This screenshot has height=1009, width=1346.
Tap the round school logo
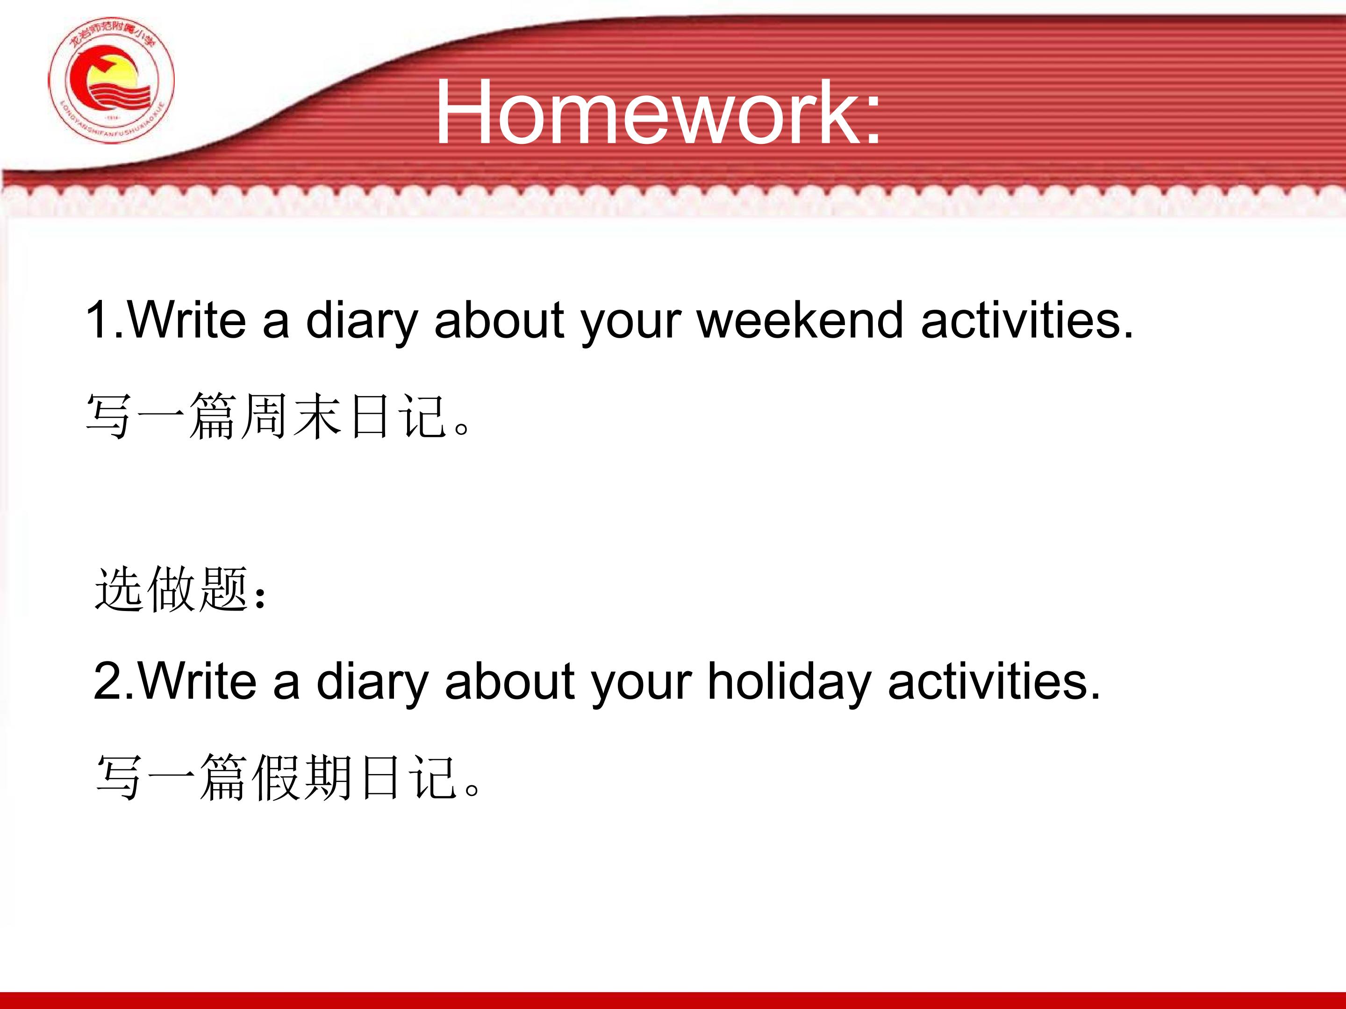point(111,80)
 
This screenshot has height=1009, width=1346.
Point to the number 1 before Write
point(97,320)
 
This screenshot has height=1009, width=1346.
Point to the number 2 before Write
point(107,681)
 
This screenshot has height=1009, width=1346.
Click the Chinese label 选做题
point(171,588)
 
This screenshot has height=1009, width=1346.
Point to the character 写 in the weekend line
point(109,416)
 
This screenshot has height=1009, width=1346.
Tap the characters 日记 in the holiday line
point(407,777)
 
